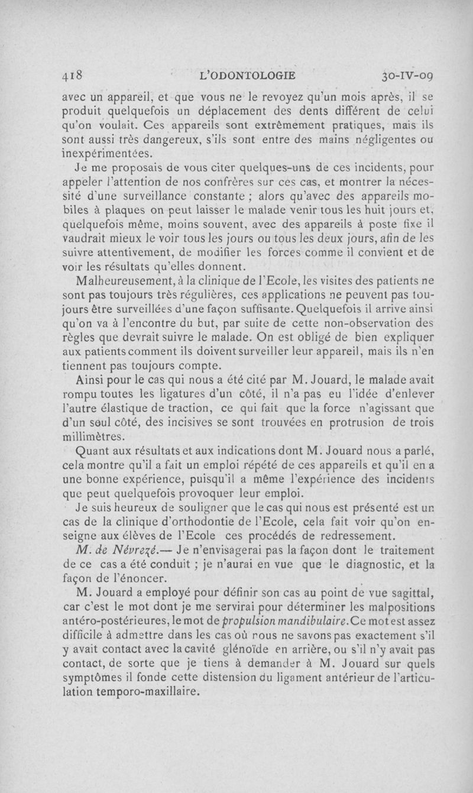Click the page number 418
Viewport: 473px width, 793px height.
tap(76, 76)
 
